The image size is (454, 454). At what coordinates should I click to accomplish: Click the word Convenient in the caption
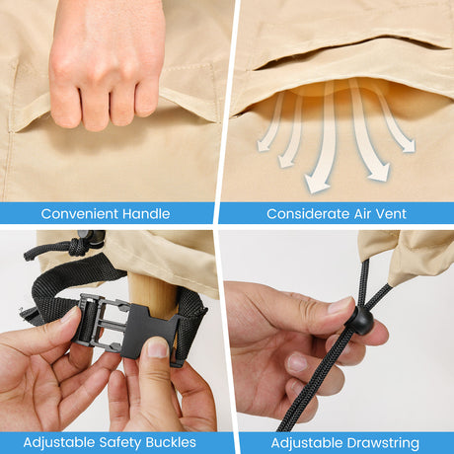(x=79, y=214)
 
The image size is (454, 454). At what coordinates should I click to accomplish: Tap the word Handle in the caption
(x=146, y=214)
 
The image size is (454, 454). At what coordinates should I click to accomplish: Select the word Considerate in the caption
(x=308, y=214)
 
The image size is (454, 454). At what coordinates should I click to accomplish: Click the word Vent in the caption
(x=391, y=214)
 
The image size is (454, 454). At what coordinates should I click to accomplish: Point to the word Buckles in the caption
(x=171, y=442)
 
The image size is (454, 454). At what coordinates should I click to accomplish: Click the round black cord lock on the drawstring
(x=361, y=320)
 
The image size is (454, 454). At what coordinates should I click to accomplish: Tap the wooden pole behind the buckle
(x=154, y=293)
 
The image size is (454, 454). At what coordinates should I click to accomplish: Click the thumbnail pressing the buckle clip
(x=157, y=347)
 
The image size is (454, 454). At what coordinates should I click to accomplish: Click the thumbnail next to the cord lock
(x=340, y=305)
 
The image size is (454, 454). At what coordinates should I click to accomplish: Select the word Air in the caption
(x=362, y=214)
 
